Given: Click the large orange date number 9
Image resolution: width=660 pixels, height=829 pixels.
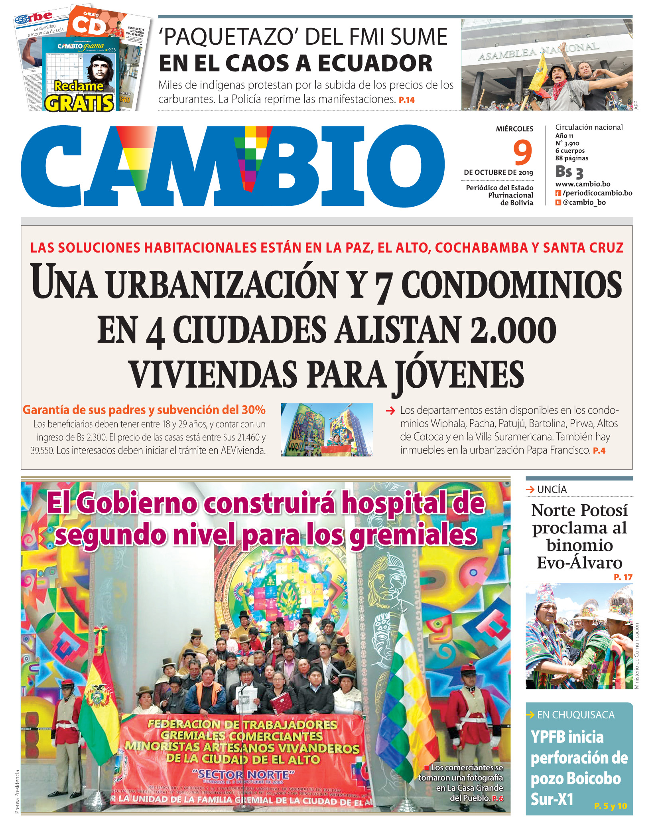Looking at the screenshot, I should pos(522,152).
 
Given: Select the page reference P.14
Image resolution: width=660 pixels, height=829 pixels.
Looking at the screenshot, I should pos(407,100).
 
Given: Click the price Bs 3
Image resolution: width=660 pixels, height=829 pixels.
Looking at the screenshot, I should pos(569,172).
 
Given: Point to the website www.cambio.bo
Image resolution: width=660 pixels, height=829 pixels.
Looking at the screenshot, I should pos(583,184).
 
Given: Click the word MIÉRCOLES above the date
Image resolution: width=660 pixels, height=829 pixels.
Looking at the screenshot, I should pos(514,129).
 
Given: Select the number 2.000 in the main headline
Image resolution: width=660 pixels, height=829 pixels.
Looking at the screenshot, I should pos(513,330).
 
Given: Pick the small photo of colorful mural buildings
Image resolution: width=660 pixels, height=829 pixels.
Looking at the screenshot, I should pos(327,430).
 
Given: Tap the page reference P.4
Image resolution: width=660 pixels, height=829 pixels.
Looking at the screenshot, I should pos(599,451).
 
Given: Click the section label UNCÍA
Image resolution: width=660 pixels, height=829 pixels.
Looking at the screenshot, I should pos(552,490).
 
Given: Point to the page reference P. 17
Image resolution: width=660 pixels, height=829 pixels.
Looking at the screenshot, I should pos(623,577).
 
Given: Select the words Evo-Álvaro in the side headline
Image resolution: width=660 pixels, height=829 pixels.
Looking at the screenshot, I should pos(579,563).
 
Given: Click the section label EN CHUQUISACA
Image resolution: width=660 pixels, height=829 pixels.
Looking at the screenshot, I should pos(575,715).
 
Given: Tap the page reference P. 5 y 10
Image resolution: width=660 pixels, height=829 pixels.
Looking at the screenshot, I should pos(610,806).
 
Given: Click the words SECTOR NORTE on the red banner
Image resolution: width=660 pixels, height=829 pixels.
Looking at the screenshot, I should pos(243,775).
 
